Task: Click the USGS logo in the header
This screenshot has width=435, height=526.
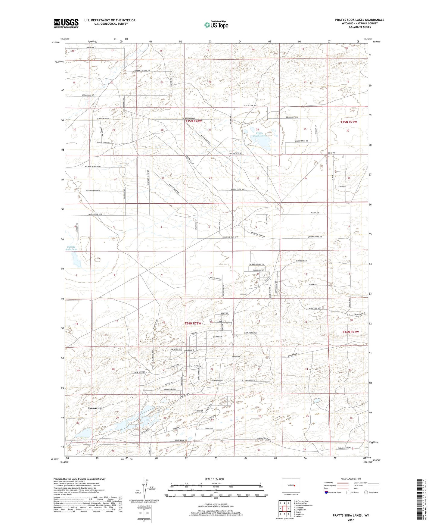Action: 66,23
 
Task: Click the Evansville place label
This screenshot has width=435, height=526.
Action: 95,408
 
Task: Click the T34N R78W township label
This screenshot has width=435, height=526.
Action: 193,323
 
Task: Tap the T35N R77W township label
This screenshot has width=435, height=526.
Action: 349,122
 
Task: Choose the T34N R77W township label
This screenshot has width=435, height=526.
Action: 350,332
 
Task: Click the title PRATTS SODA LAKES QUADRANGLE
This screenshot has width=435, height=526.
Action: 359,20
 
